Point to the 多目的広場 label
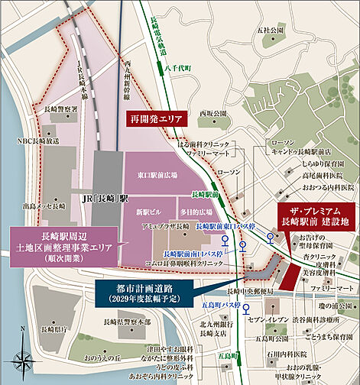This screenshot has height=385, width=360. click(174, 209)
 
